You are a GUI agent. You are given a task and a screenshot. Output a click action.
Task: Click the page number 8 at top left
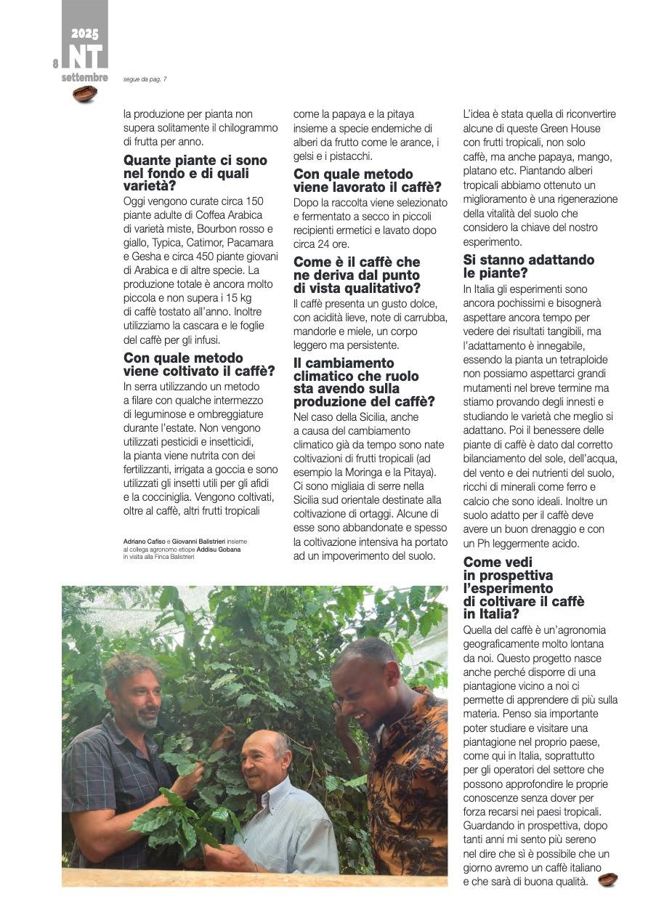click(x=55, y=64)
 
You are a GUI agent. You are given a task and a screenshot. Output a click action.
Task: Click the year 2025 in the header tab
click(x=85, y=34)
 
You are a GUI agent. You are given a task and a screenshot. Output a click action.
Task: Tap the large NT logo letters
click(x=85, y=57)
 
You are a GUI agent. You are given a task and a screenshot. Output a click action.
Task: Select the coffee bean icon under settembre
click(x=85, y=94)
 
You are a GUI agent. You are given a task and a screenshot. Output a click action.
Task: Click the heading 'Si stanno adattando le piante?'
click(x=528, y=266)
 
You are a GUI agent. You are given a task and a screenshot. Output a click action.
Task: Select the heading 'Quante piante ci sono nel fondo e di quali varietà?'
click(x=195, y=173)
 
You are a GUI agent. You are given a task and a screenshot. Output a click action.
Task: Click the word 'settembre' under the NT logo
click(x=85, y=77)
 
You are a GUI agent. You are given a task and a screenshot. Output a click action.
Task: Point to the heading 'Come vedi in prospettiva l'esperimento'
click(x=523, y=588)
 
